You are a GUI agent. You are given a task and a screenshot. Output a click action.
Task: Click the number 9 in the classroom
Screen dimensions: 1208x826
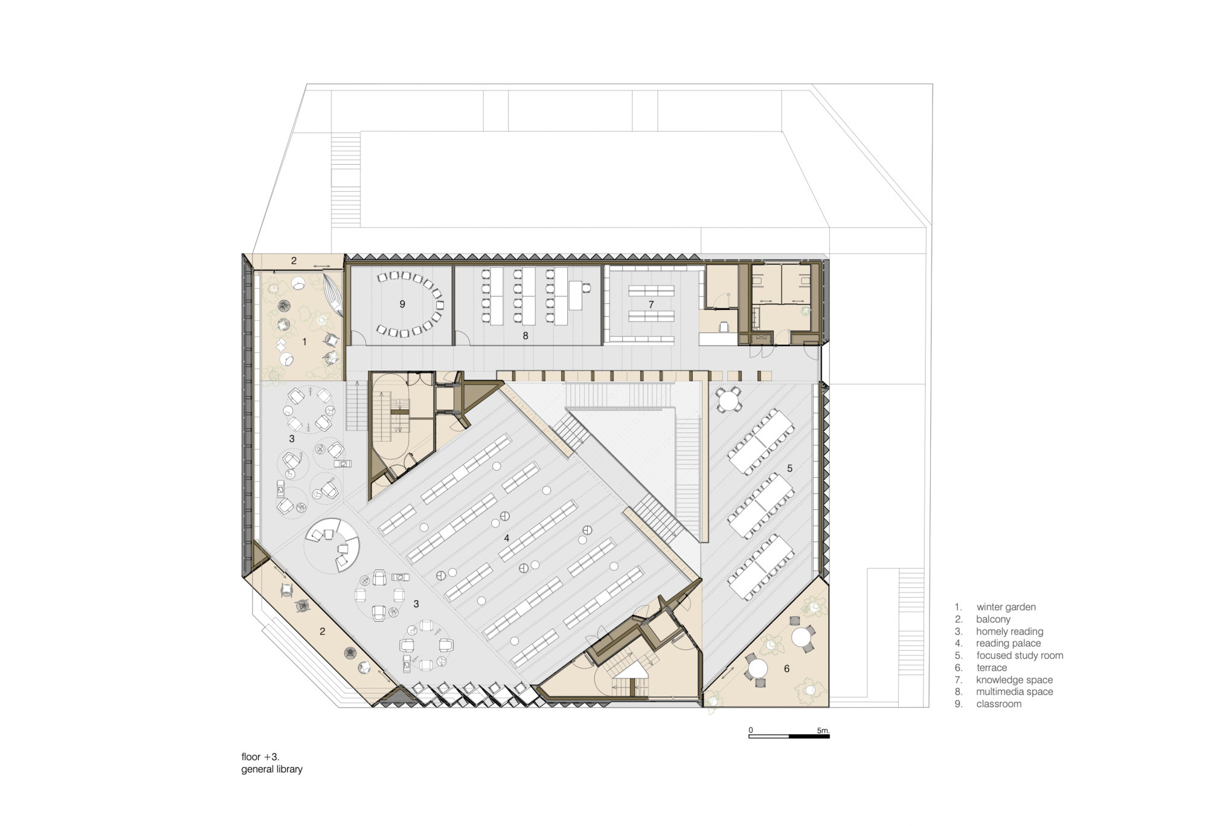click(x=402, y=304)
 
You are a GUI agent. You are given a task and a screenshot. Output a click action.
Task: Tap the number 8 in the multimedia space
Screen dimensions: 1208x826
click(x=525, y=335)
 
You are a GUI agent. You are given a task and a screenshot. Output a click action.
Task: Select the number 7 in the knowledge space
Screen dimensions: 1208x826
click(x=651, y=305)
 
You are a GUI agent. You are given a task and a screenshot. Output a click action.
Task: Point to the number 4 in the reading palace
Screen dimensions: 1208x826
click(x=507, y=538)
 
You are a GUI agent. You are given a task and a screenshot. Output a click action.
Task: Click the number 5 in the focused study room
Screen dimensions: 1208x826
click(x=789, y=468)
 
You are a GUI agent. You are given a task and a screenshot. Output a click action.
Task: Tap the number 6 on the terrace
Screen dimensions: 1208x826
click(x=786, y=668)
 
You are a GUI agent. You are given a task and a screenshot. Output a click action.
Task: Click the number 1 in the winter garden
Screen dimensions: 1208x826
click(x=304, y=342)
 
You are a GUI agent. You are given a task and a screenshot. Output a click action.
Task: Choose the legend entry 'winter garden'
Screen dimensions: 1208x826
click(x=1006, y=607)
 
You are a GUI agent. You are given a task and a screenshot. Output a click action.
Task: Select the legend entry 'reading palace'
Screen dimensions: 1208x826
click(x=1009, y=643)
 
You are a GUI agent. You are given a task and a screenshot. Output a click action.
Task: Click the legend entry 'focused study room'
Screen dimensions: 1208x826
click(x=1020, y=655)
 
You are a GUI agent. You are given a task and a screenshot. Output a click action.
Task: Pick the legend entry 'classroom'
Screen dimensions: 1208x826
click(x=999, y=703)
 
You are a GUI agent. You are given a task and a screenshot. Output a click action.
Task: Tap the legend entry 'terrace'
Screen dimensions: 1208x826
click(x=992, y=667)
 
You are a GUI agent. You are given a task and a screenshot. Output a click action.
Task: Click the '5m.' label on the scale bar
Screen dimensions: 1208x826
click(x=823, y=731)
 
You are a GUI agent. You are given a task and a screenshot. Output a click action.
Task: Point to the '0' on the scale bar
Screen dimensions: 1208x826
click(x=751, y=730)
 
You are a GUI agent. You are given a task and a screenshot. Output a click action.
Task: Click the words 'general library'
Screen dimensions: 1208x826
click(x=272, y=769)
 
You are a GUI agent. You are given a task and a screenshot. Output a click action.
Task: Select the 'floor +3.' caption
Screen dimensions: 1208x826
click(x=260, y=757)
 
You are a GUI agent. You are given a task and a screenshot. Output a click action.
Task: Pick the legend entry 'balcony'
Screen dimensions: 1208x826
click(x=993, y=619)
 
